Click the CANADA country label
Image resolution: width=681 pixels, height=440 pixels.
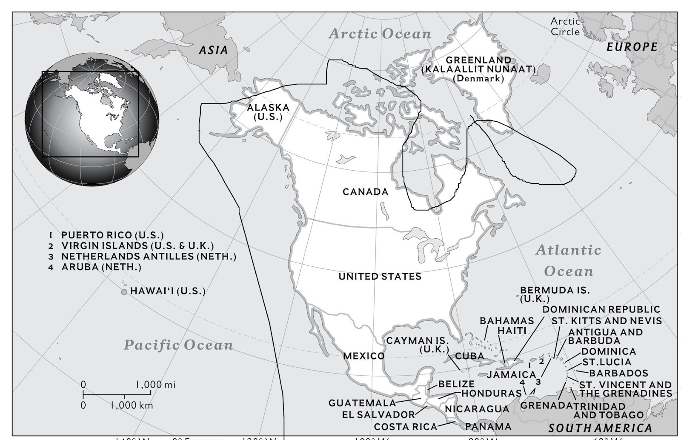tap(365, 192)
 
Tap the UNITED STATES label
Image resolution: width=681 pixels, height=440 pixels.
tap(380, 277)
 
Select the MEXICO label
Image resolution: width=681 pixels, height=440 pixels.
tap(363, 356)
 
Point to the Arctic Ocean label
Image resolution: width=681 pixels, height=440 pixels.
tap(380, 34)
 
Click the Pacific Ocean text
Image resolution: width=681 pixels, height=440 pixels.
tap(178, 345)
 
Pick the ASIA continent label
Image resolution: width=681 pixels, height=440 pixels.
tap(214, 50)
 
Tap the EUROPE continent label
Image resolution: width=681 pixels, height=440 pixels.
tap(632, 47)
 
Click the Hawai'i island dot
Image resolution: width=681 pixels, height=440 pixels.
tap(124, 292)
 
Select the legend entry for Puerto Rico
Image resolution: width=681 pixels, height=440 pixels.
tap(112, 235)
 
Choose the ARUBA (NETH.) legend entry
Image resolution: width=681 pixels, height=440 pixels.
tap(101, 267)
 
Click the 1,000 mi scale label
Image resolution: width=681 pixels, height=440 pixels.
tap(155, 385)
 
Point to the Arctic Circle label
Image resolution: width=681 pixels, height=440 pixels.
tap(565, 26)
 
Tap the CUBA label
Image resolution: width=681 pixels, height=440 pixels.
tap(469, 356)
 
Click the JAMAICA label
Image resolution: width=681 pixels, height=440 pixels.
tap(511, 374)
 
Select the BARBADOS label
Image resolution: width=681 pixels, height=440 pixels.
tap(618, 373)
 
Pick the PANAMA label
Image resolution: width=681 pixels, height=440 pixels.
tap(488, 426)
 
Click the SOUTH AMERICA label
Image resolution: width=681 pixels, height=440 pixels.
tap(600, 428)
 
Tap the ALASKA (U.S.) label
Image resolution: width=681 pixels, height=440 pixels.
tap(268, 112)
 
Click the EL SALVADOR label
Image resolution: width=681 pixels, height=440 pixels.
tap(378, 414)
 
